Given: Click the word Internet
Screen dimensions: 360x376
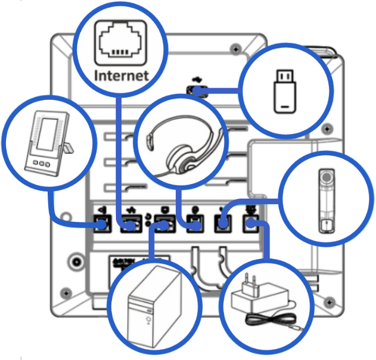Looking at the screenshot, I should pyautogui.click(x=121, y=75).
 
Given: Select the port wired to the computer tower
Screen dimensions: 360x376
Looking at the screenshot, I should pyautogui.click(x=162, y=225).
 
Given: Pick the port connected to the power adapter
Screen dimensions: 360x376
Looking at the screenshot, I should pyautogui.click(x=251, y=225).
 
